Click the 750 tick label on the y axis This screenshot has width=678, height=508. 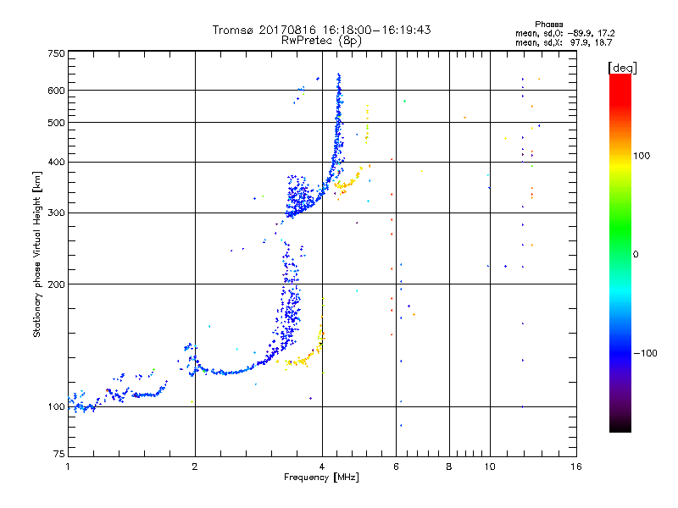click(57, 52)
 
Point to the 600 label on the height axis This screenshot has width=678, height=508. click(57, 90)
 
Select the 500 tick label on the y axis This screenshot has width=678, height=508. click(57, 122)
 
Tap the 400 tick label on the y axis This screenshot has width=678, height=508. click(57, 162)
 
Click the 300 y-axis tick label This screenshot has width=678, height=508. click(57, 213)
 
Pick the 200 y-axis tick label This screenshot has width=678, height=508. click(57, 284)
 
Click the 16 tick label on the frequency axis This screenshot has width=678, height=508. click(575, 467)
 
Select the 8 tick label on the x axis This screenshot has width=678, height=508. click(449, 467)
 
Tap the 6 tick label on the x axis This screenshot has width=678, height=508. click(396, 467)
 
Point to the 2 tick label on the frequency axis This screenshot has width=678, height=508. click(195, 467)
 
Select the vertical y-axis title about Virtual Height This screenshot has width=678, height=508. click(37, 254)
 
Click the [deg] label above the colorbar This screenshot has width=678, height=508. click(622, 67)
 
